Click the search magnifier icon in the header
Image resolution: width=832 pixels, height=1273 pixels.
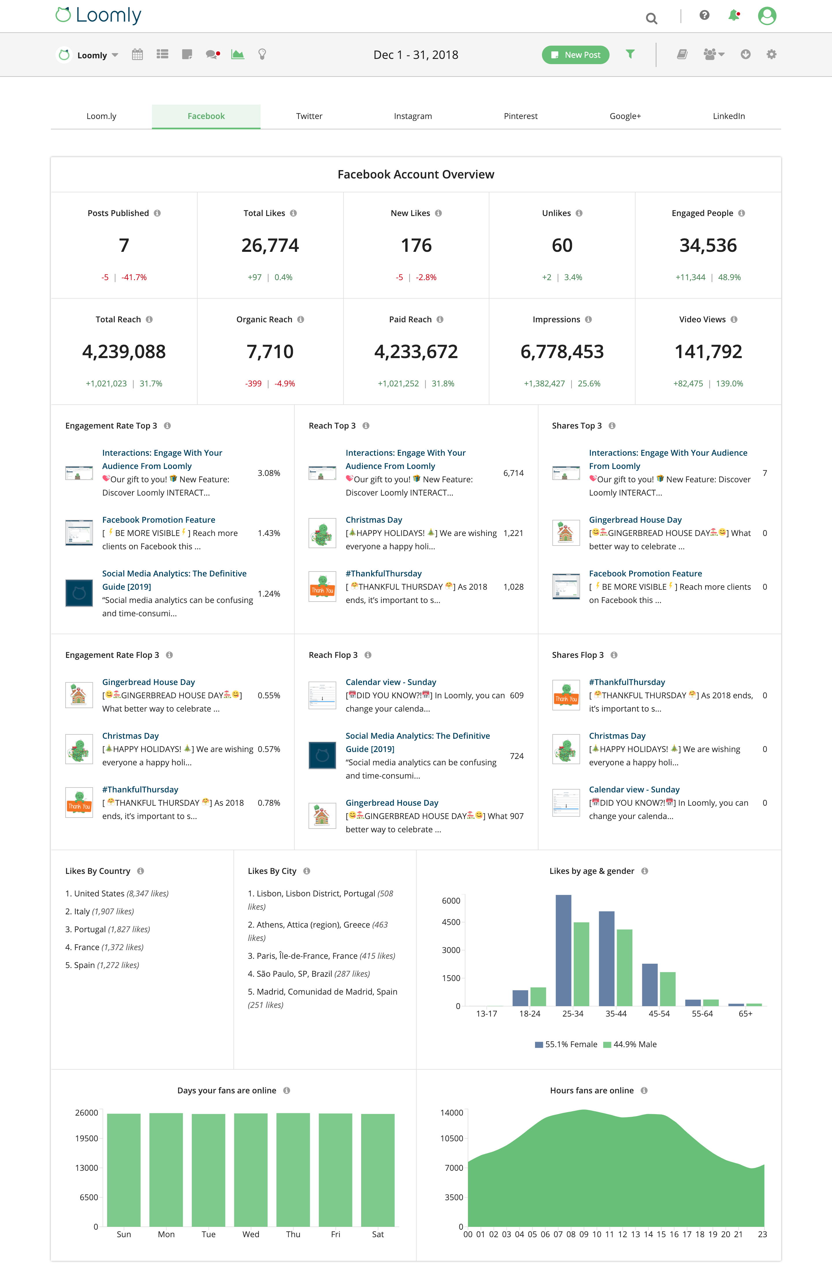(651, 19)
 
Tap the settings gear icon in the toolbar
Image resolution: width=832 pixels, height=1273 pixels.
(771, 54)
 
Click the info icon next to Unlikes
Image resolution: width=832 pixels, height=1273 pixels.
(579, 213)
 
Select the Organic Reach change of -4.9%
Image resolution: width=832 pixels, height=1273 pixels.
(285, 384)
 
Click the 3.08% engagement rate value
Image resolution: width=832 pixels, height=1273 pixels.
(269, 473)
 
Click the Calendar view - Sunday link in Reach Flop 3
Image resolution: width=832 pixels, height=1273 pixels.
(391, 682)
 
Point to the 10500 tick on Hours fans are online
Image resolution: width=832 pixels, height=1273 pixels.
(452, 1138)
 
